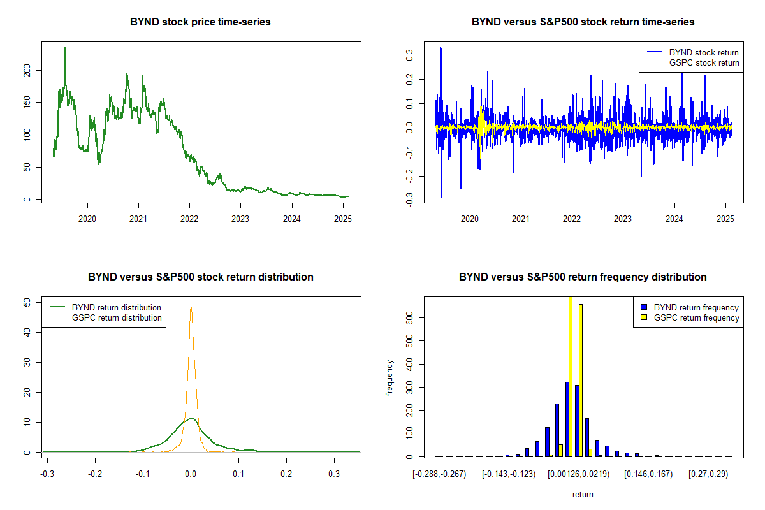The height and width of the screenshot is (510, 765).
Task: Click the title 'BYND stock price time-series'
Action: (x=200, y=22)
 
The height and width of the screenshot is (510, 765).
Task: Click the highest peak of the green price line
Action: (x=65, y=48)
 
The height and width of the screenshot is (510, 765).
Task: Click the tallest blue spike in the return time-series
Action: (x=441, y=48)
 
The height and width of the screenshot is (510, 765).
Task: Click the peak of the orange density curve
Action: (x=191, y=307)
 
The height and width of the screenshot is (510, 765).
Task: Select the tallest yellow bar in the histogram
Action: (x=570, y=376)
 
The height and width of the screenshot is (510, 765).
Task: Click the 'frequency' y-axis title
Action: (x=390, y=377)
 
